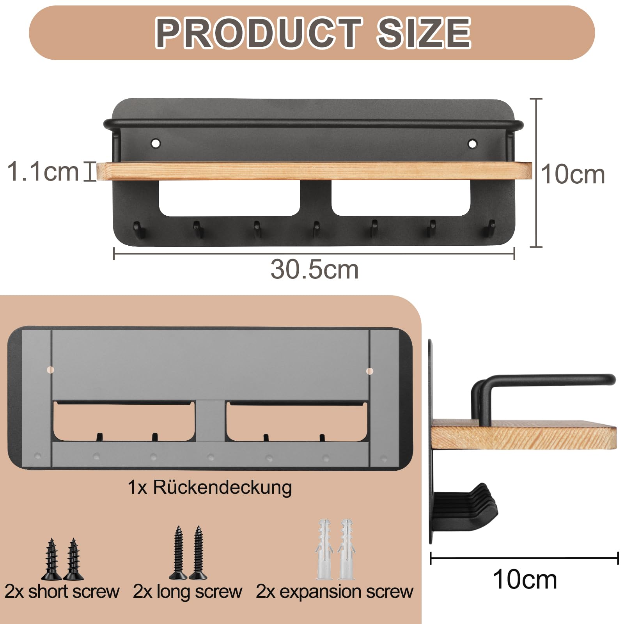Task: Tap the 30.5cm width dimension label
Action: tap(314, 269)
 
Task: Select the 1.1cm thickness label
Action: tap(43, 171)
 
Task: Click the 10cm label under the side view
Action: tap(525, 579)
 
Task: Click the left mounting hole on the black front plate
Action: tap(156, 143)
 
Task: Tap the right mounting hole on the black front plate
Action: tap(472, 144)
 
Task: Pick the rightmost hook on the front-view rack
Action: tap(490, 229)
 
